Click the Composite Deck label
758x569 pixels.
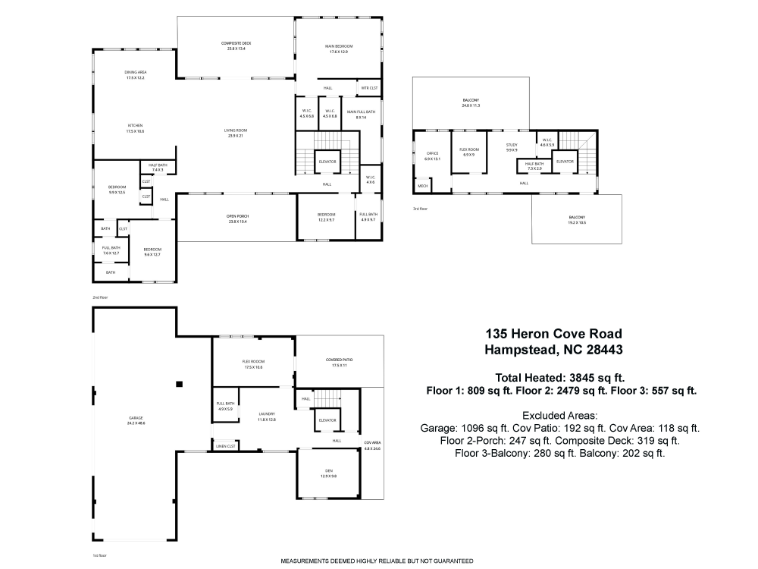tap(236, 43)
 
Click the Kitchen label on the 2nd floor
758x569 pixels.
tap(136, 125)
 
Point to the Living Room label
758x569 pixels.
tap(236, 130)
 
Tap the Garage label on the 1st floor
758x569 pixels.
tap(136, 419)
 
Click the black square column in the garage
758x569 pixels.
tap(180, 385)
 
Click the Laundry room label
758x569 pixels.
tap(266, 413)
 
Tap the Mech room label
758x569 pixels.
tap(422, 186)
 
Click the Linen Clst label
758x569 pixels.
tap(226, 446)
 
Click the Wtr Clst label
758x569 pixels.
tap(369, 88)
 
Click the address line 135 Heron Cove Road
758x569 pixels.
tap(554, 333)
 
